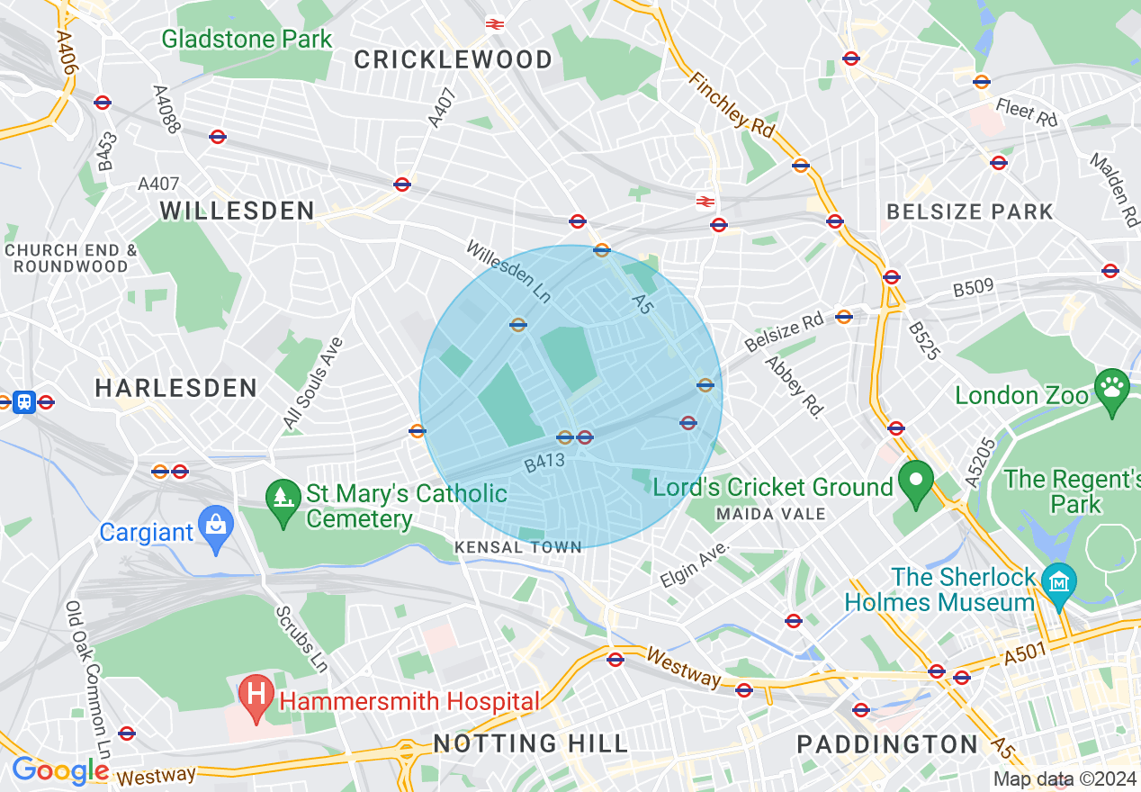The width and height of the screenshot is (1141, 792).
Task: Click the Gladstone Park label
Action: (x=247, y=40)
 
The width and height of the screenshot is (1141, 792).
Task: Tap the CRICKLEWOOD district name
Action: (x=453, y=60)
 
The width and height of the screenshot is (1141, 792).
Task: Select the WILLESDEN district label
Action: (x=238, y=211)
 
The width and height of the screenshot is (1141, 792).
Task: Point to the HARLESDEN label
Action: (x=176, y=388)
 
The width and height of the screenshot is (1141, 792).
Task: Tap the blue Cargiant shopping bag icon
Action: (x=216, y=531)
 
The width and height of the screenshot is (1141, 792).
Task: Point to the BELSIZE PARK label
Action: (x=969, y=212)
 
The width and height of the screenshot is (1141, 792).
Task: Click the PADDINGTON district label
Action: (x=887, y=745)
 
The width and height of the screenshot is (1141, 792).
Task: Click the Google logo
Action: (x=59, y=770)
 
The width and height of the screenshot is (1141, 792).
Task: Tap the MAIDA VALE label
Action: (x=770, y=514)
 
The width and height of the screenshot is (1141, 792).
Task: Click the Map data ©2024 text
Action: (x=1065, y=778)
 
